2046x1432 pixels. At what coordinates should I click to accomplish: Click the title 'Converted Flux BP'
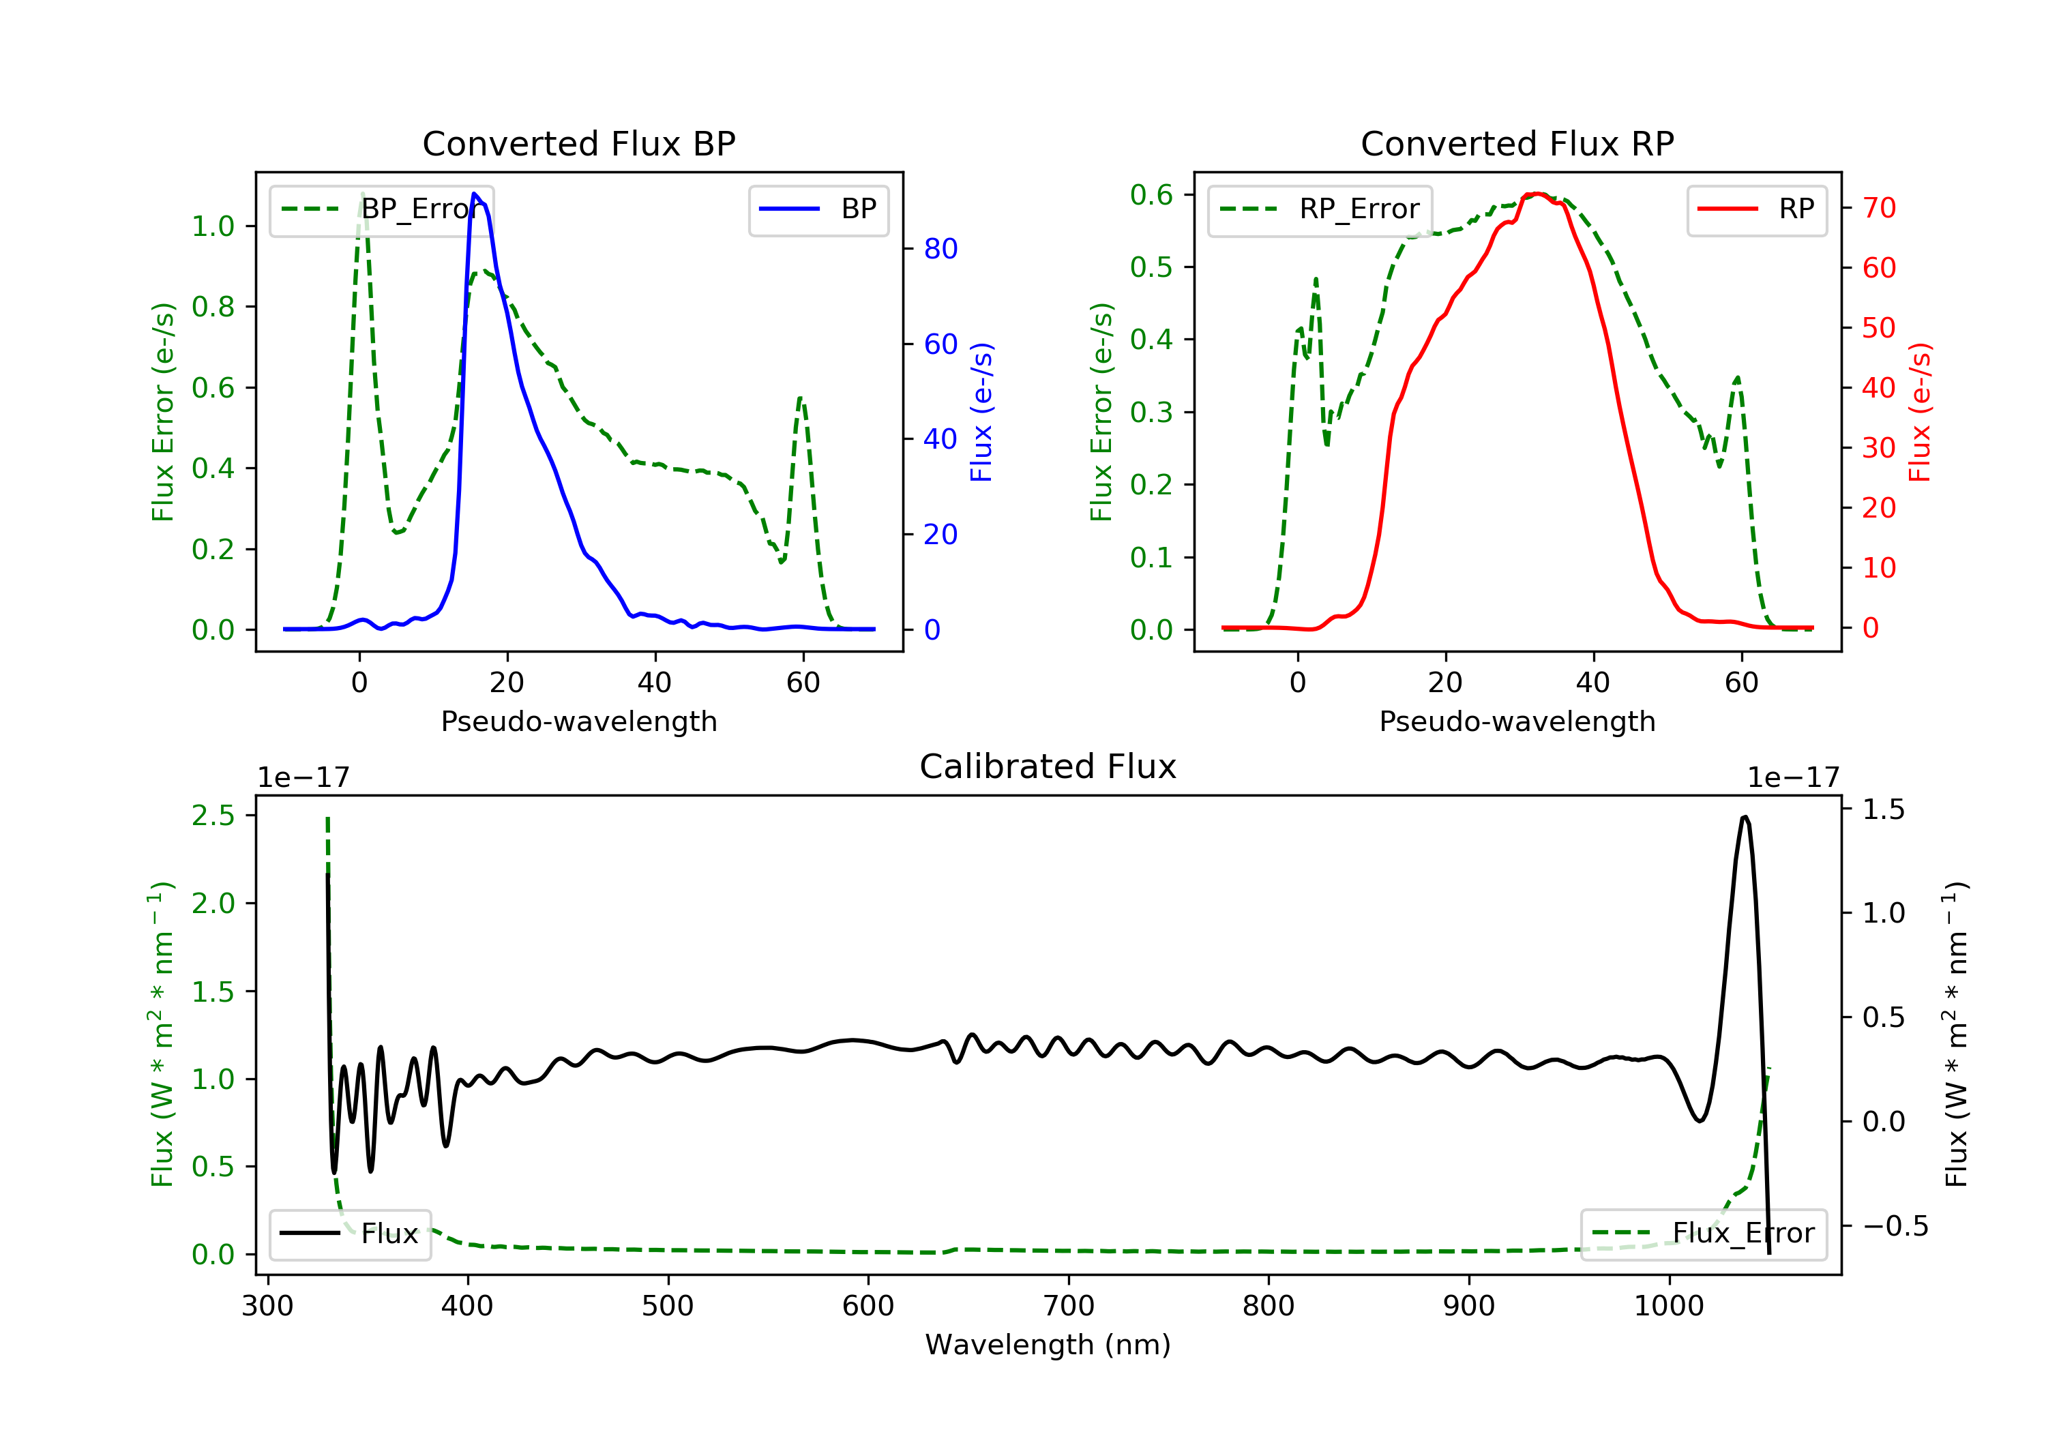click(578, 143)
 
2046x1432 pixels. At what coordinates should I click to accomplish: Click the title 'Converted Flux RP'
click(1517, 143)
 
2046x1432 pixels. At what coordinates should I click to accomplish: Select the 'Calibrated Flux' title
click(1048, 766)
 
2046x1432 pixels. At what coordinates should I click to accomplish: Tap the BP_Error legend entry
click(381, 209)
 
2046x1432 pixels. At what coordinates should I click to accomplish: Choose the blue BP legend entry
click(818, 209)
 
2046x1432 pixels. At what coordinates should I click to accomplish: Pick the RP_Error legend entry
click(1320, 209)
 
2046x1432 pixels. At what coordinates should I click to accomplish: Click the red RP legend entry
click(1756, 209)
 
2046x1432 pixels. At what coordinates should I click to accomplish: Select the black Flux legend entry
click(351, 1234)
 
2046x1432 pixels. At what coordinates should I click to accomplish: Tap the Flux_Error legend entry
click(1704, 1234)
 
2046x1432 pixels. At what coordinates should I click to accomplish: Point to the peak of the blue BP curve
click(474, 194)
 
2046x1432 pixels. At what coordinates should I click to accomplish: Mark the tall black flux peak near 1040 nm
click(1745, 816)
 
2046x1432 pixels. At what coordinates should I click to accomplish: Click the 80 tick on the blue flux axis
click(940, 249)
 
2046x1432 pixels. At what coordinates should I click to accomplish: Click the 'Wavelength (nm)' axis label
click(1048, 1345)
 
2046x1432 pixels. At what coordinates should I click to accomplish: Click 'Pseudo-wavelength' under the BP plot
click(579, 721)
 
